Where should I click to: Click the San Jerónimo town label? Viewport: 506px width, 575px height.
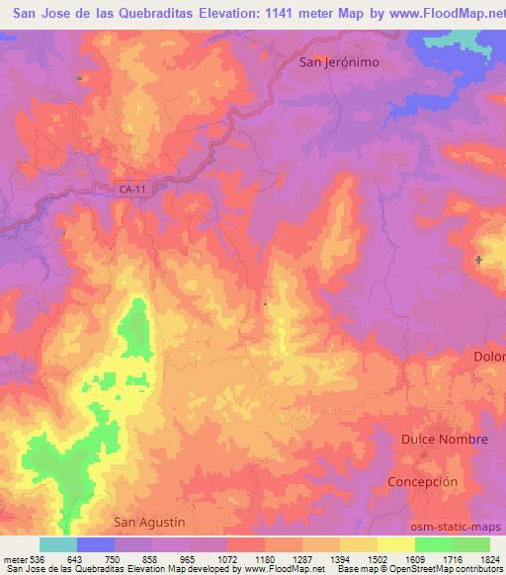(x=339, y=61)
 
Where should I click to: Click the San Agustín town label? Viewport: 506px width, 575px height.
(x=149, y=522)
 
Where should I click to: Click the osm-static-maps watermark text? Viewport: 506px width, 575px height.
(x=464, y=527)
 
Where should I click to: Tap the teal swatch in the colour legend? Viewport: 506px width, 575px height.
(x=57, y=544)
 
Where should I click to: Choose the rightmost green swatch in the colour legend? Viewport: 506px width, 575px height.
(x=471, y=544)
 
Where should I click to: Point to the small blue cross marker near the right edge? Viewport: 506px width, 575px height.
(x=479, y=260)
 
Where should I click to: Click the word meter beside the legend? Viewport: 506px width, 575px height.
(x=16, y=559)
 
